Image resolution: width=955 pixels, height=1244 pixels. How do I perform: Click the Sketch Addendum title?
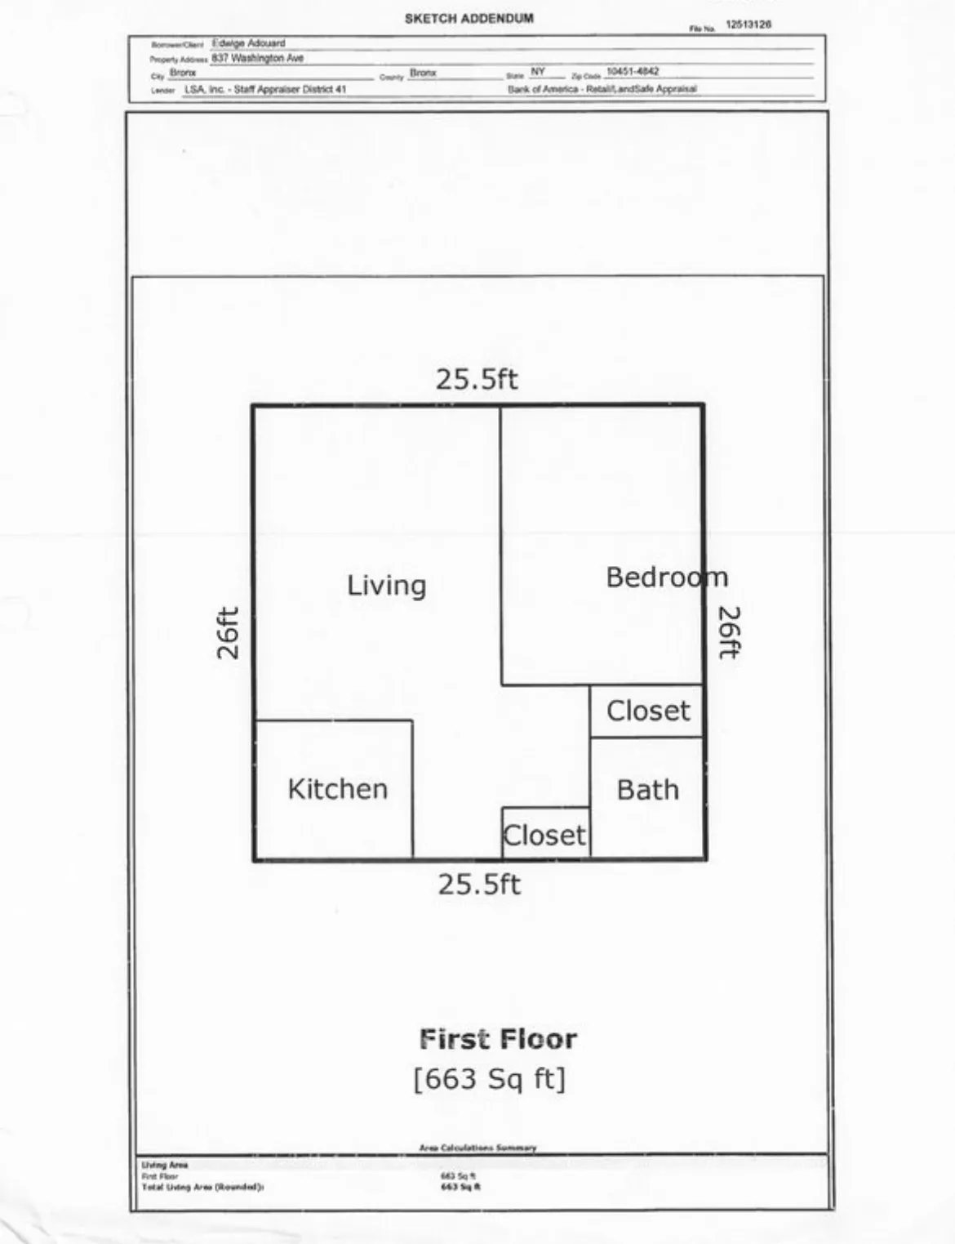[469, 18]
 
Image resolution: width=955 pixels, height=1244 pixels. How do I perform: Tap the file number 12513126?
[748, 25]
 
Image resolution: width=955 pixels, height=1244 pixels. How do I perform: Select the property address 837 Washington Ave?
[257, 58]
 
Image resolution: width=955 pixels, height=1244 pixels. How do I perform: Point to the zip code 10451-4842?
[632, 72]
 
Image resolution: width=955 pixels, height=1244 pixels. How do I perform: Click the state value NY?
[538, 72]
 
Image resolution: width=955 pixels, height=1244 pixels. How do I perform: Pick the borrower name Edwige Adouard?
[248, 43]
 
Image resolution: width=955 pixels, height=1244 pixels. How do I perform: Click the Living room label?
[386, 586]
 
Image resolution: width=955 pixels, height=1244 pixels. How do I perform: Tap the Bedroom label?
[666, 577]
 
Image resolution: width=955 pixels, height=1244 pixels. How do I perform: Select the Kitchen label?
[337, 789]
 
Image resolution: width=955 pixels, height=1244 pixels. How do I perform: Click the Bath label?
[647, 790]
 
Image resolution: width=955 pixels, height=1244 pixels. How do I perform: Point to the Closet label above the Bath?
[648, 711]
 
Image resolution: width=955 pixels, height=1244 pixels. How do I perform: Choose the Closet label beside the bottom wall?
[544, 836]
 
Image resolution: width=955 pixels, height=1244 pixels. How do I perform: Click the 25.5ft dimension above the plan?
[476, 379]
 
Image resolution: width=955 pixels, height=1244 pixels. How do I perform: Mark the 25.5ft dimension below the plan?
[478, 885]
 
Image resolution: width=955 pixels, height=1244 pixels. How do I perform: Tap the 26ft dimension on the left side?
[229, 633]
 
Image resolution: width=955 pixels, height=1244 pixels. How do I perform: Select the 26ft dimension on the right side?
[728, 632]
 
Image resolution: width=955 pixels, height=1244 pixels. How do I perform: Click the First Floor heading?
[498, 1039]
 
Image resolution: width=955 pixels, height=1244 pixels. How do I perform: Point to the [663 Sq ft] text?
[489, 1079]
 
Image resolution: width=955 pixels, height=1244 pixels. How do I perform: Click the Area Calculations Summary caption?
[477, 1148]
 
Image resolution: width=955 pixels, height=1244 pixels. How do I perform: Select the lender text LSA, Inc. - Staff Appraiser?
[265, 89]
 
